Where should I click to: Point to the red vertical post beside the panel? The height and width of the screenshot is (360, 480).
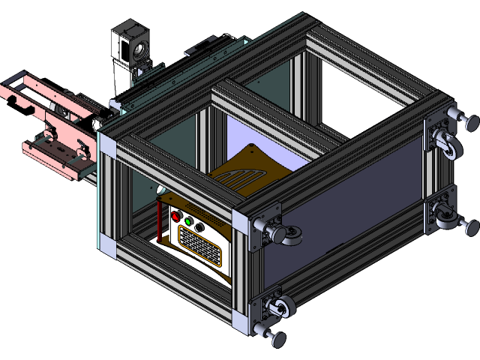159,217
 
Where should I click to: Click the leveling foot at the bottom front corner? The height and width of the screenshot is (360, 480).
277,339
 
